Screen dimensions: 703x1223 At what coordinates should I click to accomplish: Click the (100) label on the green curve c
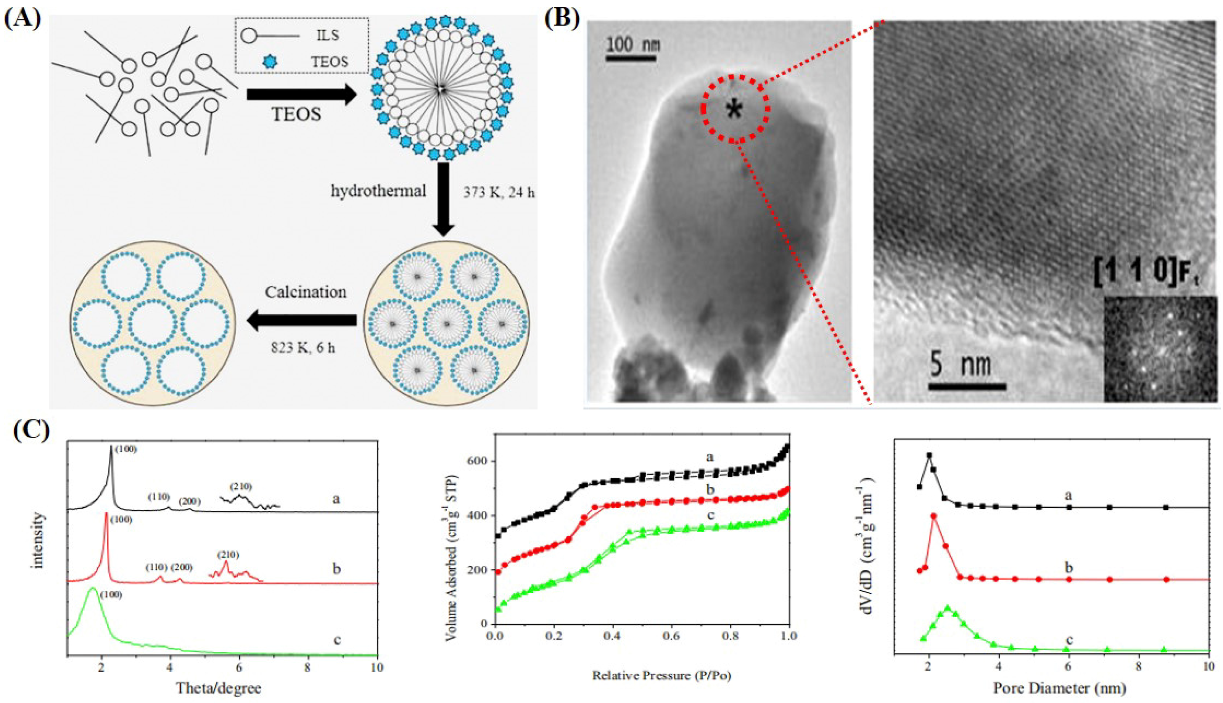(111, 595)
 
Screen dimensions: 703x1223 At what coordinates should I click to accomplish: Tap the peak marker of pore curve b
(934, 530)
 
